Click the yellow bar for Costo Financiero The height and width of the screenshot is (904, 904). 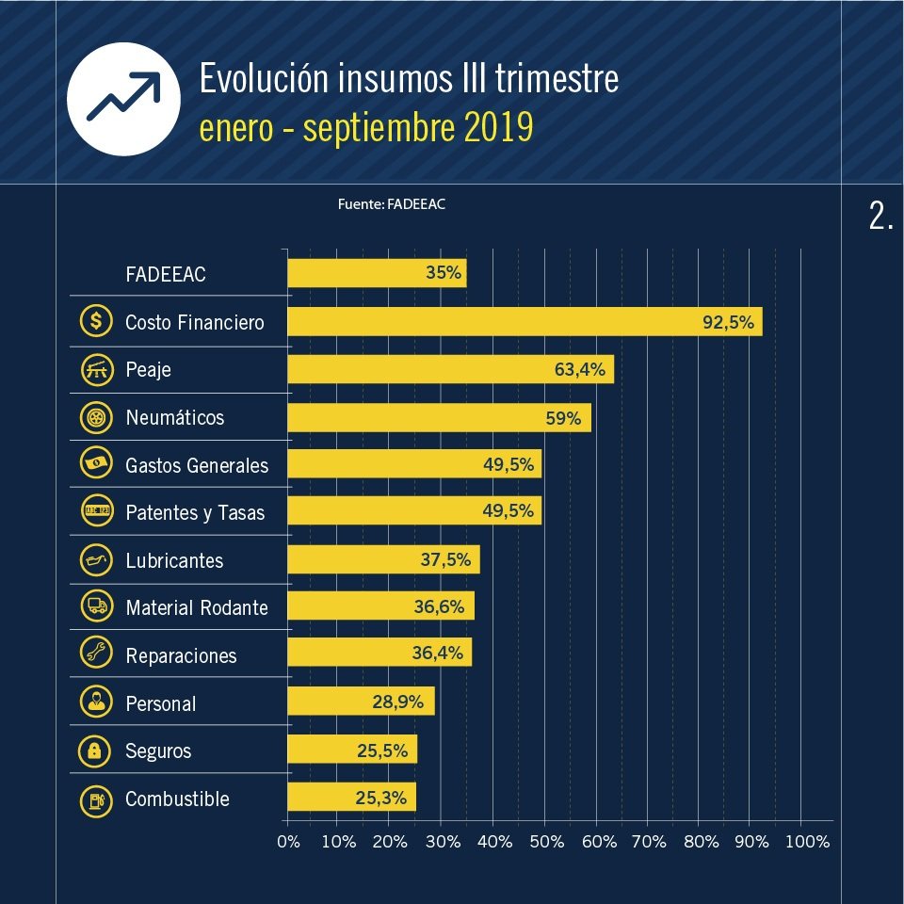click(x=524, y=322)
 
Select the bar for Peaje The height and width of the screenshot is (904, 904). click(x=450, y=369)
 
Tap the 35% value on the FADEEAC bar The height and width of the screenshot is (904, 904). click(x=444, y=274)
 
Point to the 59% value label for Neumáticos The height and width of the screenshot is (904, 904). click(x=563, y=417)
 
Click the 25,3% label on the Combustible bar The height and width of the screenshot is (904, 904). click(x=381, y=799)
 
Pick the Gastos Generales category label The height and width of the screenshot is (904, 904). click(x=197, y=465)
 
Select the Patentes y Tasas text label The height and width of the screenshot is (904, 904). click(x=195, y=513)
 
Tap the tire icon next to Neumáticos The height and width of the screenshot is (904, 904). click(x=96, y=417)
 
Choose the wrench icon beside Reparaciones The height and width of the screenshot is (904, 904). click(x=96, y=655)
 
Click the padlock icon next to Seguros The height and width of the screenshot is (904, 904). click(x=96, y=751)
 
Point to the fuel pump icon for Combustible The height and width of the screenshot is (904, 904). click(x=96, y=799)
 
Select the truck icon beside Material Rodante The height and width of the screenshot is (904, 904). click(x=96, y=607)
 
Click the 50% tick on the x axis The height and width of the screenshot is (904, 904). click(x=545, y=842)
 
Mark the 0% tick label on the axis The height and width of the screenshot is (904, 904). click(x=288, y=842)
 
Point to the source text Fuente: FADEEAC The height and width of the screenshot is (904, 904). click(x=391, y=204)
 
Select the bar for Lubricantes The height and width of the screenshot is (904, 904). click(x=383, y=560)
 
